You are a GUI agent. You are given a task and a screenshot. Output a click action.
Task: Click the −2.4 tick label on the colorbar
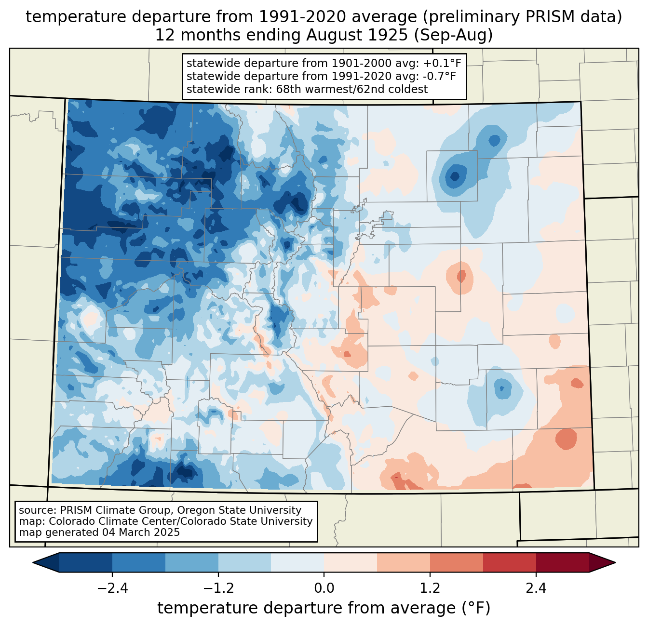click(x=112, y=588)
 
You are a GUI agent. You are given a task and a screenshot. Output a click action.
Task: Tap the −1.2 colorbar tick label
click(x=218, y=588)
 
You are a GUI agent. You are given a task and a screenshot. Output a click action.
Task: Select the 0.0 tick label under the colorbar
click(x=324, y=588)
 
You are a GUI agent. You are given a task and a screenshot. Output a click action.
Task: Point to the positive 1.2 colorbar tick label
click(x=430, y=588)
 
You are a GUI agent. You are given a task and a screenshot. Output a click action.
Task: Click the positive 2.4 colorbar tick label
click(x=536, y=588)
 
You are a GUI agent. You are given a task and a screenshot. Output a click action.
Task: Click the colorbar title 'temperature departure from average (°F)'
click(x=324, y=608)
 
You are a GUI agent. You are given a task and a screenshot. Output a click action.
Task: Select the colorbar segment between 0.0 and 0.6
click(x=351, y=562)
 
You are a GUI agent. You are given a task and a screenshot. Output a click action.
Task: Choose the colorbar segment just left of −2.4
click(x=86, y=562)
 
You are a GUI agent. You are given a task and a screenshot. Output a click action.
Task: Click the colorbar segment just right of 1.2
click(x=457, y=562)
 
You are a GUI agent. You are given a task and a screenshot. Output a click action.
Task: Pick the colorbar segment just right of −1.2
click(x=244, y=562)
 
